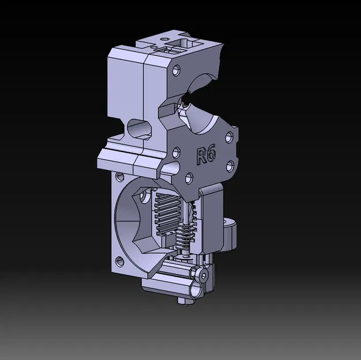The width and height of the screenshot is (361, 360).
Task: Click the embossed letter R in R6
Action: coord(201,157)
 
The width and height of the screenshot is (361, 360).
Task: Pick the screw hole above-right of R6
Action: coord(229,137)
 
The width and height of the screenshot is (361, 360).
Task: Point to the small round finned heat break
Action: coord(185,236)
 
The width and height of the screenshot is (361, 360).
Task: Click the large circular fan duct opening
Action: coord(136,222)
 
